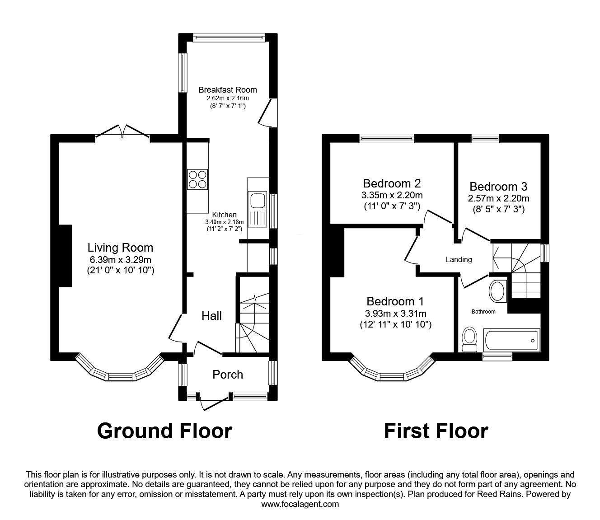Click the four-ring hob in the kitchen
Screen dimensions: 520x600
pos(197,178)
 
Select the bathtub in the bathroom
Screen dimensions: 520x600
pos(511,340)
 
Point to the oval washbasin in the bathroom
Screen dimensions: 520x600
pos(498,291)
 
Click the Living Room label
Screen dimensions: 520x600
pos(120,248)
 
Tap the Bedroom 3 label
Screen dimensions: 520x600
pos(498,187)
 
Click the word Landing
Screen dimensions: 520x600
pos(459,259)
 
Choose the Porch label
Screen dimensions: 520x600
pos(228,375)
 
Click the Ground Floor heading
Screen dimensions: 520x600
pos(164,431)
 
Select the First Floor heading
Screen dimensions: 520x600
pos(436,431)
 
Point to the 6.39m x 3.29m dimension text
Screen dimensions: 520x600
pos(120,260)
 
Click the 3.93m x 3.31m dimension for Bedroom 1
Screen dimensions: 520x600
pos(395,314)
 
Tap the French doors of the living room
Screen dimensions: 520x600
pos(122,132)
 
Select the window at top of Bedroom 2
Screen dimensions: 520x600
pos(387,138)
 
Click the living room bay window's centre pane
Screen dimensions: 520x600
pos(120,375)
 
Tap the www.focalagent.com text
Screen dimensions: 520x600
pos(300,504)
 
